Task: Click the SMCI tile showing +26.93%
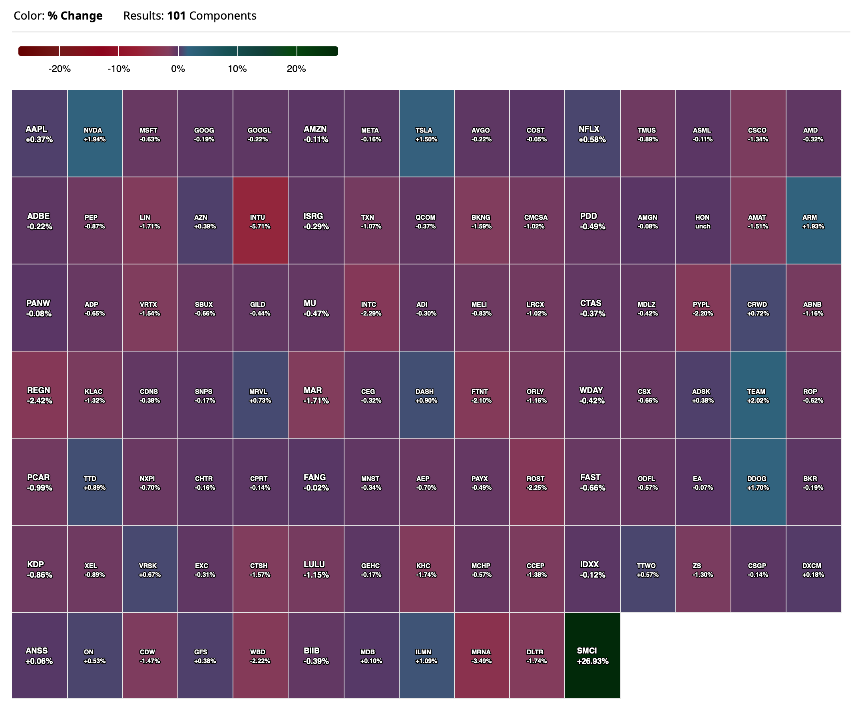pos(592,655)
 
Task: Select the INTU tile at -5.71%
pos(260,220)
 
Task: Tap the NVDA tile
pos(95,133)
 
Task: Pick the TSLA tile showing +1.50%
pos(426,133)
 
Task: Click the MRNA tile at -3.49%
pos(482,655)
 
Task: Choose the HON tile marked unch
pos(703,220)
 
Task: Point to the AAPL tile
pos(39,133)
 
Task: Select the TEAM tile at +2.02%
pos(758,395)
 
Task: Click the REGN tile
pos(39,395)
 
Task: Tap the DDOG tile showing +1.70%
pos(758,482)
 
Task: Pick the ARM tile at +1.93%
pos(813,220)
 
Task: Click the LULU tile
pos(315,569)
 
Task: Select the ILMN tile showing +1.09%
pos(426,655)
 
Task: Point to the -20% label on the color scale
pos(60,69)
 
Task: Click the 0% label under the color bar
pos(178,69)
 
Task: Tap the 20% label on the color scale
pos(296,69)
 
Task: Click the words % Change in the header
pos(75,16)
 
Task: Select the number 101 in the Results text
pos(176,16)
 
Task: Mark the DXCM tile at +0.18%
pos(813,569)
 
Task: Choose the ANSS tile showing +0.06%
pos(39,655)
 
